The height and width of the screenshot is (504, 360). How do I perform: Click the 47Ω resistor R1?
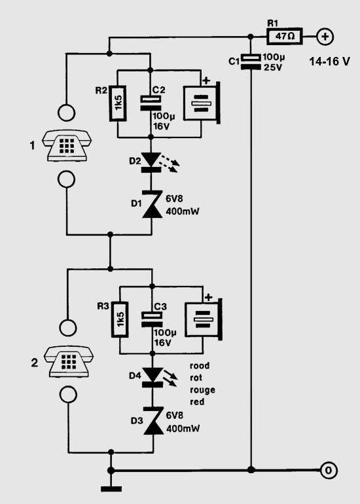pyautogui.click(x=284, y=36)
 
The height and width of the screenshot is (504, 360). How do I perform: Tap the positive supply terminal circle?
pyautogui.click(x=325, y=37)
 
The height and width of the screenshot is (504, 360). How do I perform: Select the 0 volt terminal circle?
pyautogui.click(x=329, y=471)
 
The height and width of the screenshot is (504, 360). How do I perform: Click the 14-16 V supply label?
pyautogui.click(x=329, y=62)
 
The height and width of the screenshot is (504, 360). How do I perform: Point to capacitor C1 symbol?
pyautogui.click(x=251, y=62)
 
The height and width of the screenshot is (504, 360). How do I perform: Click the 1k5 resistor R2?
pyautogui.click(x=118, y=103)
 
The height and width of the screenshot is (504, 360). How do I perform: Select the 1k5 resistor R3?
pyautogui.click(x=120, y=319)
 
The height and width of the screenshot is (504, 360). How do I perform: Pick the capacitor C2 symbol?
pyautogui.click(x=151, y=103)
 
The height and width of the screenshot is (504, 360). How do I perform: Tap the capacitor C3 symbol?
pyautogui.click(x=153, y=319)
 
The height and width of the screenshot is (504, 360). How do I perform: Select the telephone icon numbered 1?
pyautogui.click(x=67, y=145)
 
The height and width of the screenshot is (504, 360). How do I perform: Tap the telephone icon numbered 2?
pyautogui.click(x=69, y=361)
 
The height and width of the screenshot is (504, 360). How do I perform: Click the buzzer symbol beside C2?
pyautogui.click(x=202, y=103)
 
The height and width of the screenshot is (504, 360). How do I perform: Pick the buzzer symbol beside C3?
pyautogui.click(x=204, y=319)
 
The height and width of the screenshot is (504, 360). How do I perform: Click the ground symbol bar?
pyautogui.click(x=111, y=489)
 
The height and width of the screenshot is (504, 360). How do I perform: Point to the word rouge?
pyautogui.click(x=202, y=390)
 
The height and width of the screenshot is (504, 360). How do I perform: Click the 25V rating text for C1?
pyautogui.click(x=273, y=68)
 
